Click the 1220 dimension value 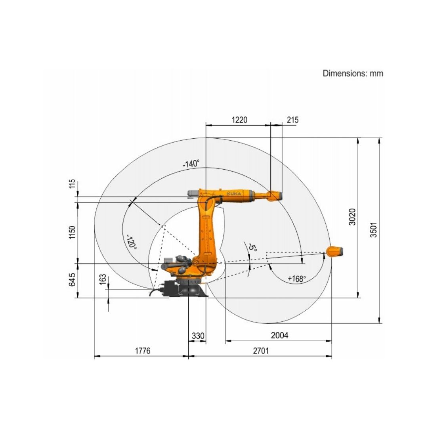coord(239,120)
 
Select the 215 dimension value coord(292,120)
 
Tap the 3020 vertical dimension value coord(352,217)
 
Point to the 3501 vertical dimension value coord(373,229)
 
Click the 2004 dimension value coord(279,335)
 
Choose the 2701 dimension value coord(261,351)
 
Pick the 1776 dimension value coord(143,351)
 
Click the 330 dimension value coord(198,336)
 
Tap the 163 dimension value coord(103,279)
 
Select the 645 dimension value coord(72,279)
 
